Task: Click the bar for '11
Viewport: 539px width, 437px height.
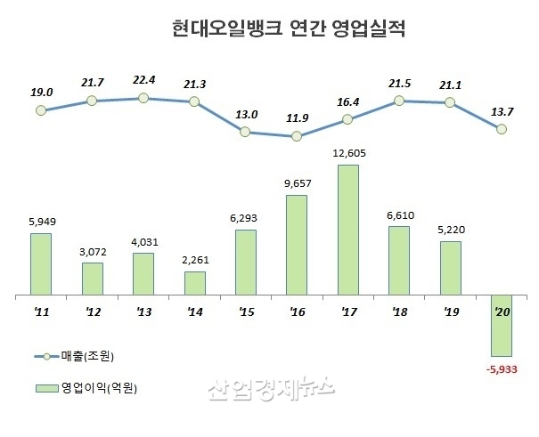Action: pyautogui.click(x=41, y=263)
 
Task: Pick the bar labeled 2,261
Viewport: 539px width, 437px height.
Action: pyautogui.click(x=194, y=282)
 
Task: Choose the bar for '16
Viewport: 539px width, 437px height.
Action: pyautogui.click(x=297, y=245)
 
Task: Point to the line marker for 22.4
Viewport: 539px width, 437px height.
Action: pyautogui.click(x=143, y=97)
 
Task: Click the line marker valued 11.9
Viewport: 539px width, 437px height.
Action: pyautogui.click(x=297, y=137)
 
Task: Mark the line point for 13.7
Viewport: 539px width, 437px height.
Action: pyautogui.click(x=502, y=129)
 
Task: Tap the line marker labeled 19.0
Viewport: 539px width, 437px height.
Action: pyautogui.click(x=41, y=111)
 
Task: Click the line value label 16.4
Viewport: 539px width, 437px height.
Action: pyautogui.click(x=348, y=102)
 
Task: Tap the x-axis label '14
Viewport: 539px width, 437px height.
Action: pyautogui.click(x=194, y=312)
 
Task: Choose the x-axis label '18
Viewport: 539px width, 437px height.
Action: pyautogui.click(x=399, y=312)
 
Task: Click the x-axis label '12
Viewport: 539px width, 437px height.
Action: pyautogui.click(x=92, y=312)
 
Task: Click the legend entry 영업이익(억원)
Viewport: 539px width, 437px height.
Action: pyautogui.click(x=94, y=388)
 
